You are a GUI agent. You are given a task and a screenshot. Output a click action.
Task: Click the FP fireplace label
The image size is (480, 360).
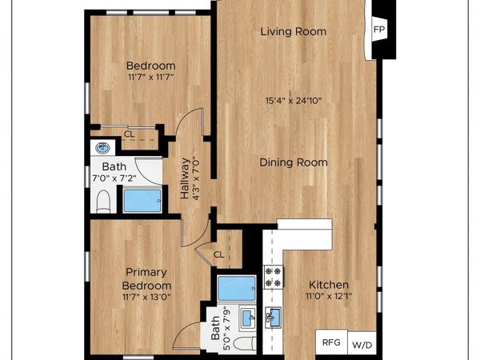click(379, 30)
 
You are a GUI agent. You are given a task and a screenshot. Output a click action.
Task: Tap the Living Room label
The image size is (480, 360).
click(294, 32)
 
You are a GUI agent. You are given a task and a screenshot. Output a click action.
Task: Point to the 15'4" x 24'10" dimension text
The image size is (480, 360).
click(294, 101)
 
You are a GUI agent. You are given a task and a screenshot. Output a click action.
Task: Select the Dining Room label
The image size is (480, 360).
click(294, 162)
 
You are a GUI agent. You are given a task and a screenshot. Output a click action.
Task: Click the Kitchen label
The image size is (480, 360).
click(329, 285)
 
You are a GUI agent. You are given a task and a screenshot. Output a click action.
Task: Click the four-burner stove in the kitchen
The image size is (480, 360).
click(274, 277)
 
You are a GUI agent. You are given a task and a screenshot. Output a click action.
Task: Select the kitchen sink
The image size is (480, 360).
click(274, 318)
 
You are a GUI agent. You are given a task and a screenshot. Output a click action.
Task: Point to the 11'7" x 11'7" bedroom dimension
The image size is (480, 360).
click(150, 78)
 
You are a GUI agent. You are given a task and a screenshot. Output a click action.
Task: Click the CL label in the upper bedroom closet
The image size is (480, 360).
click(129, 134)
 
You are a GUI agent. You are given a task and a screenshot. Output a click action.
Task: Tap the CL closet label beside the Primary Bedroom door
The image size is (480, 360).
click(218, 254)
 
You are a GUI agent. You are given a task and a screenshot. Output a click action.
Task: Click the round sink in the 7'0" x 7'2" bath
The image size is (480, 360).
click(102, 147)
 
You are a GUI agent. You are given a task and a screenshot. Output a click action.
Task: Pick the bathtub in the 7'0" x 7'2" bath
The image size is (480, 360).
click(141, 200)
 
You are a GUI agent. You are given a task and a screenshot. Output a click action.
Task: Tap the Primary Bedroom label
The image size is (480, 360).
click(146, 278)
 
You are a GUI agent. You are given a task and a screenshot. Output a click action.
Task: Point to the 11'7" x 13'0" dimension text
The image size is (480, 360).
click(146, 297)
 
